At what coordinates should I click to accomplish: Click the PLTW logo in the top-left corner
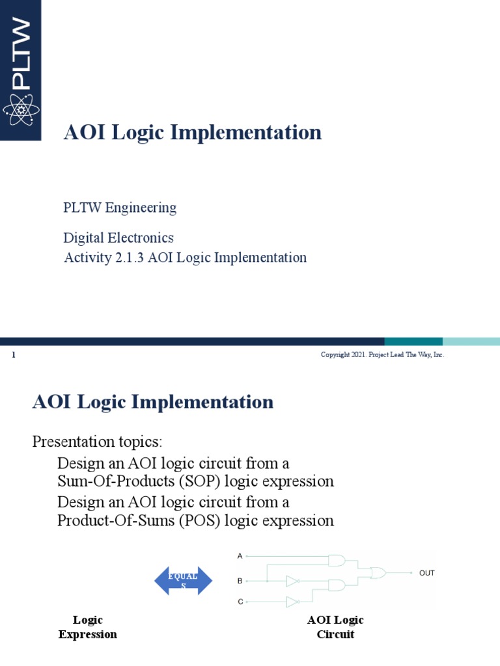click(x=21, y=70)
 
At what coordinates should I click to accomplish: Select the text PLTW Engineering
click(x=120, y=208)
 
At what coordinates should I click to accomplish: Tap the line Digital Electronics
click(x=118, y=238)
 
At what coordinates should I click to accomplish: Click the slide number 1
click(x=14, y=355)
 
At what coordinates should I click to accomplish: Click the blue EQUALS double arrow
click(x=183, y=581)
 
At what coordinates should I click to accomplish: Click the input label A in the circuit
click(x=240, y=557)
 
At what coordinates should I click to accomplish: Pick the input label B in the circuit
click(x=240, y=580)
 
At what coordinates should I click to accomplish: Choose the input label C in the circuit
click(x=240, y=602)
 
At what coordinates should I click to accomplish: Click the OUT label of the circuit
click(x=426, y=573)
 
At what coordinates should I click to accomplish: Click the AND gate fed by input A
click(x=337, y=560)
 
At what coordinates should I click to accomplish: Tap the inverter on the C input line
click(x=292, y=602)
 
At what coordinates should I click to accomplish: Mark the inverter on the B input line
click(x=292, y=580)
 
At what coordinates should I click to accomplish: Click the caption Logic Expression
click(x=88, y=627)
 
